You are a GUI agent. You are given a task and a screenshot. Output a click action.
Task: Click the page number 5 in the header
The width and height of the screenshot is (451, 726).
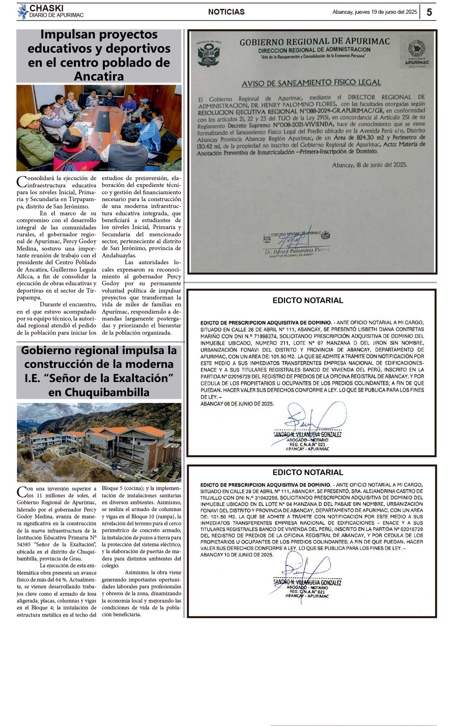pos(429,12)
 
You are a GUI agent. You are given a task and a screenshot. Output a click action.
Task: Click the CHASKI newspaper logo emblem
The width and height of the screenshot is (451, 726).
pos(23,12)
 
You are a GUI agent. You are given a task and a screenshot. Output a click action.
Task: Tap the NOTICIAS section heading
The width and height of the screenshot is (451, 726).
pos(226,12)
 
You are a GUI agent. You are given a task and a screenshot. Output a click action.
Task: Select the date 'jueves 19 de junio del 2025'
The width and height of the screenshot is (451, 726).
pos(386,12)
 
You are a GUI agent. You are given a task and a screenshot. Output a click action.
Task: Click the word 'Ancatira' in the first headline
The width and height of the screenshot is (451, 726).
pos(99,76)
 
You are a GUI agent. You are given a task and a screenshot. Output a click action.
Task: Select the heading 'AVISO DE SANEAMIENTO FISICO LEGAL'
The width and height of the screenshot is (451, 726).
pos(311,83)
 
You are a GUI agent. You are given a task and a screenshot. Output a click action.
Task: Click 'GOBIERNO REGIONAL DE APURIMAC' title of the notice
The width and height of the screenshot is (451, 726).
pos(315,42)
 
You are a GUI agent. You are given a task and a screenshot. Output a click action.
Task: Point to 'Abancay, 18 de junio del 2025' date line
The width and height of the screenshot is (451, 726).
pos(370,165)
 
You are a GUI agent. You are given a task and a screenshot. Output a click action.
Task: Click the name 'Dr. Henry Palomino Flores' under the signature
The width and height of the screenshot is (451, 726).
pos(297,251)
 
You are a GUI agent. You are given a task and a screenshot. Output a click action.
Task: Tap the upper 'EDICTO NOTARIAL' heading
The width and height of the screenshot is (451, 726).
pos(308,300)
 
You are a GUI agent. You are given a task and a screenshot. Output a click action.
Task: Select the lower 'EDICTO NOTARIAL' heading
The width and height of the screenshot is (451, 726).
pos(308,472)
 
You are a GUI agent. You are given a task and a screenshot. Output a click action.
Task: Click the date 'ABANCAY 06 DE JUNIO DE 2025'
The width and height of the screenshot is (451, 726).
pos(237,404)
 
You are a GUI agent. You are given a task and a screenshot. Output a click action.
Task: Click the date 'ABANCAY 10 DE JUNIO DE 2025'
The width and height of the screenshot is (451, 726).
pos(237,555)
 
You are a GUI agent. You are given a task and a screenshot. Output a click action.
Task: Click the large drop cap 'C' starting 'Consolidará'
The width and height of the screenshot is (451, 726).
pos(22,181)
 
